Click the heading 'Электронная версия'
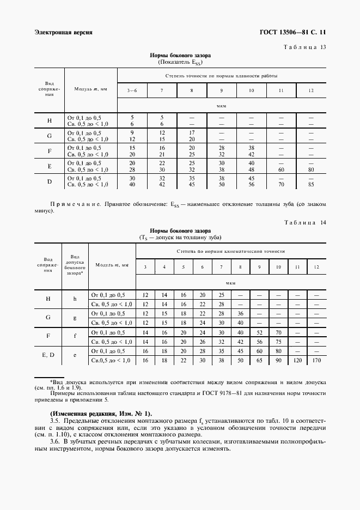63,32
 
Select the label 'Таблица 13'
304,47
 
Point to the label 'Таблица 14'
304,222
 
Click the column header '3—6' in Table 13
132,89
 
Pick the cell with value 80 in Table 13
311,169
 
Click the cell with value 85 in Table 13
311,185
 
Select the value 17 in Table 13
192,132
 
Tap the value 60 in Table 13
281,169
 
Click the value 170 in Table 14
316,361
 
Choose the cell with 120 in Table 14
297,361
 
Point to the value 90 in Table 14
278,361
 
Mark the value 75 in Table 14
278,342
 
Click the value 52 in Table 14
259,332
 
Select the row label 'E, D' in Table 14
48,356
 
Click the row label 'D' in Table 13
49,181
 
